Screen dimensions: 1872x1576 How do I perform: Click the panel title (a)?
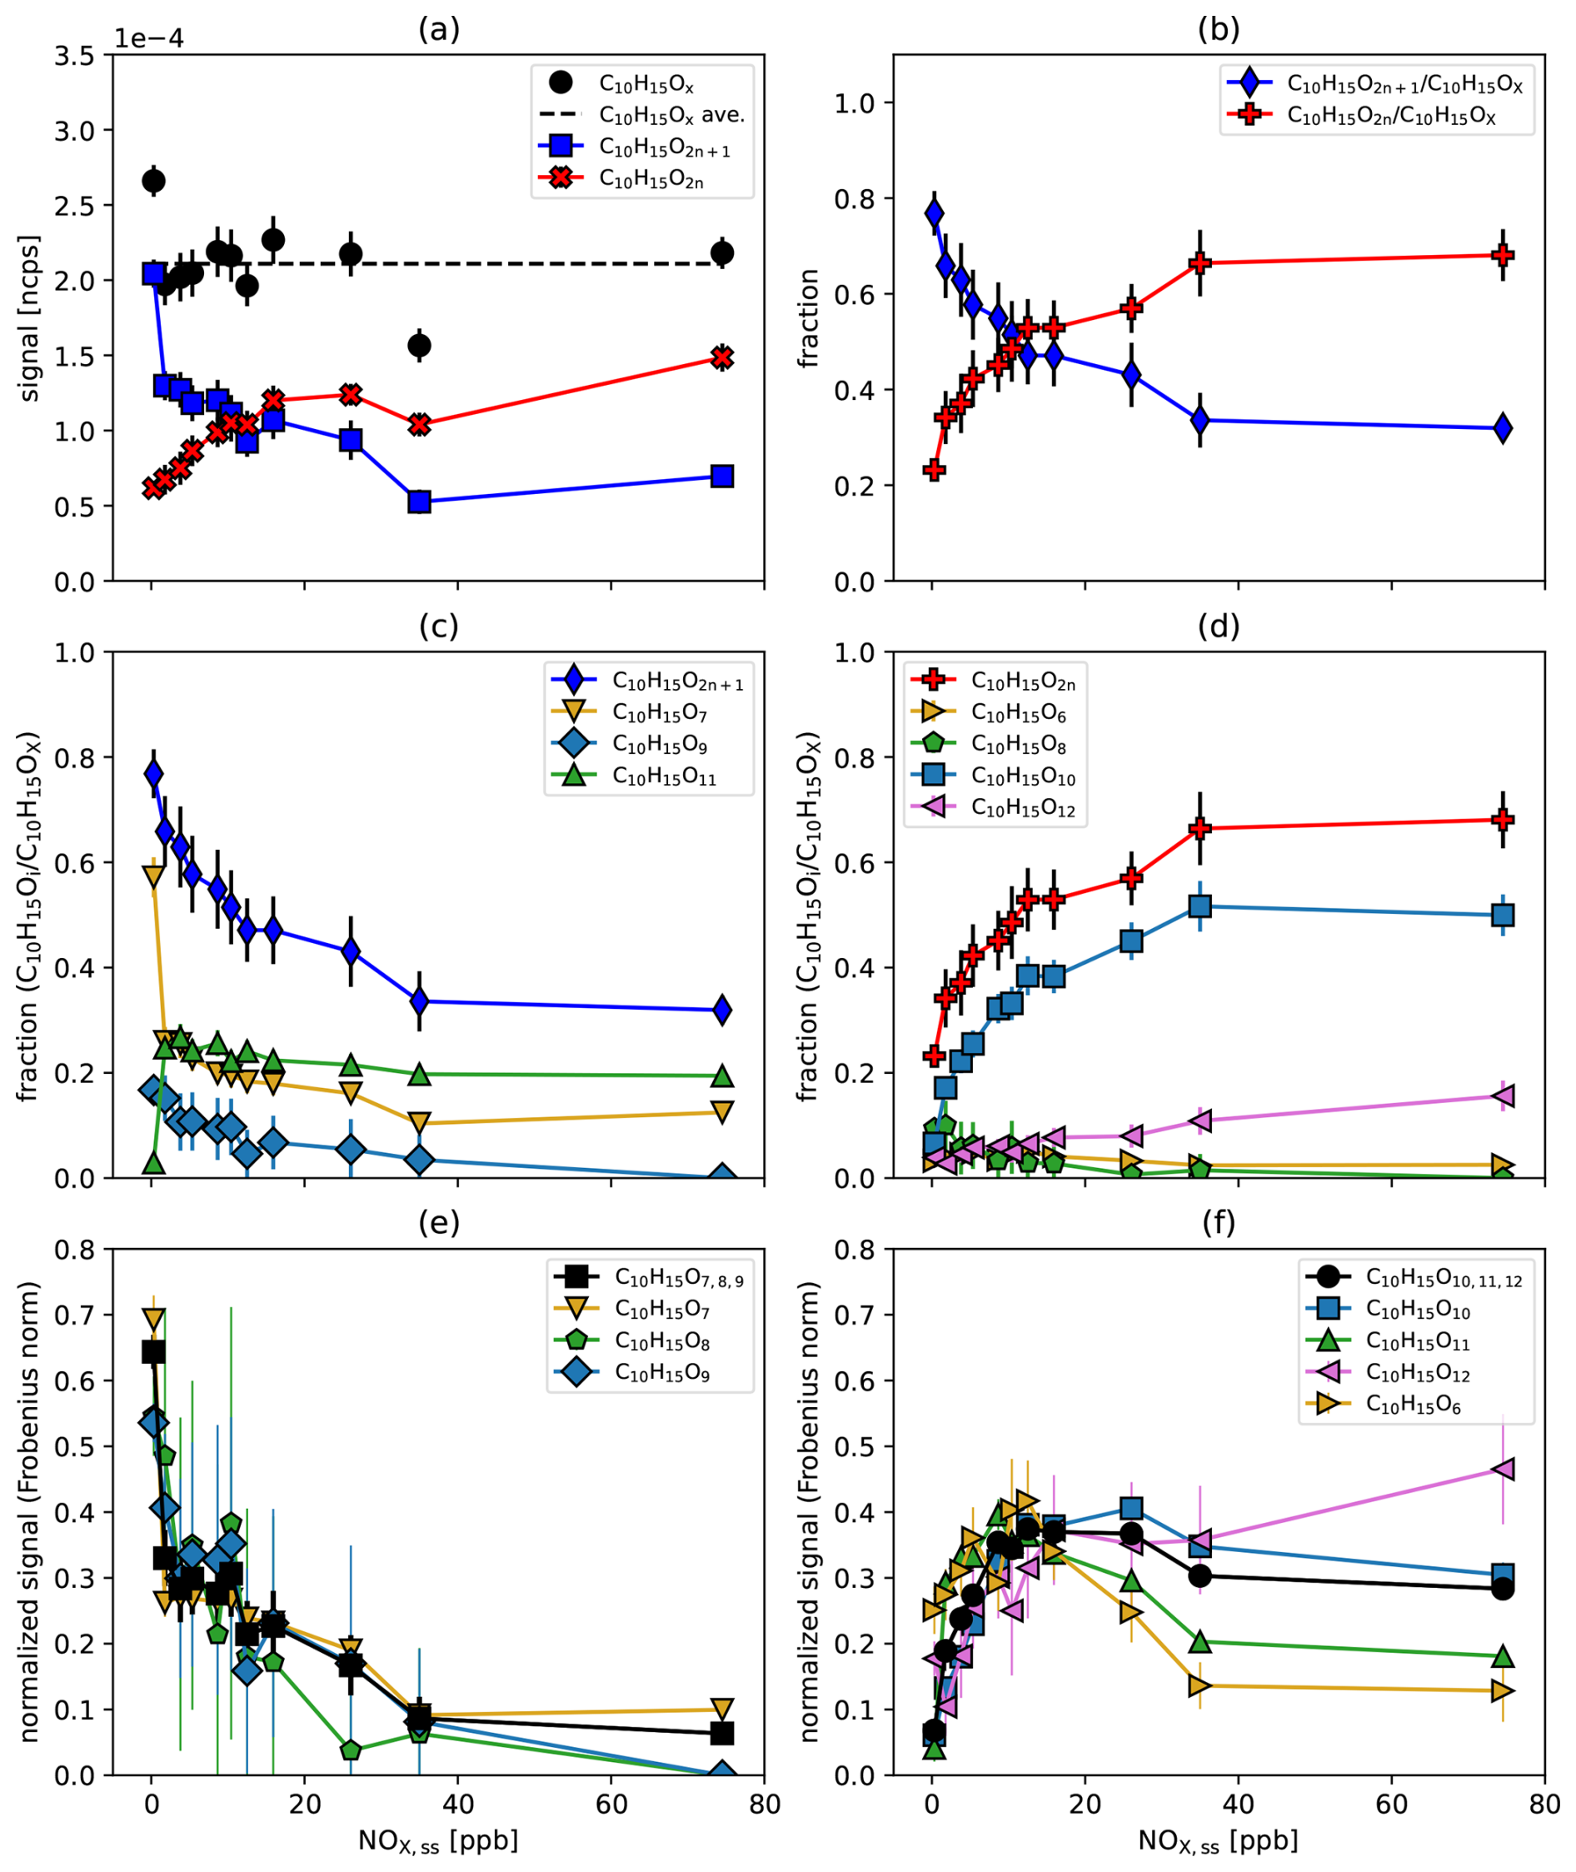pos(439,29)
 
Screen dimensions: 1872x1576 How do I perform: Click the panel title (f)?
pos(1219,1223)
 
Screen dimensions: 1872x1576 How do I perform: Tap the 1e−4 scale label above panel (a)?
pos(148,39)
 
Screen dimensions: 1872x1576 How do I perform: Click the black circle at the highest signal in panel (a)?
pos(153,182)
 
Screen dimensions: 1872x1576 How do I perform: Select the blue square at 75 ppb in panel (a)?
pos(722,477)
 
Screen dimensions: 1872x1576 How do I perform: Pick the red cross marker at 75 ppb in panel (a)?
pos(722,357)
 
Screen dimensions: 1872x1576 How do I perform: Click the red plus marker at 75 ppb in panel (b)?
pos(1503,256)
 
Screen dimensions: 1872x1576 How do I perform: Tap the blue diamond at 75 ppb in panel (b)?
pos(1503,428)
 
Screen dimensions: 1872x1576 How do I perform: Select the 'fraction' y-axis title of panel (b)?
pos(809,319)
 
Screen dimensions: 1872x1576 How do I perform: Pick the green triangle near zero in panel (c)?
pos(153,1162)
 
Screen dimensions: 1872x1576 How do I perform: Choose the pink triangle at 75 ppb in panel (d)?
pos(1503,1096)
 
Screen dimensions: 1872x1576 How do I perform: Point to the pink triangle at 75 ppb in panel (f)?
pos(1503,1469)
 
